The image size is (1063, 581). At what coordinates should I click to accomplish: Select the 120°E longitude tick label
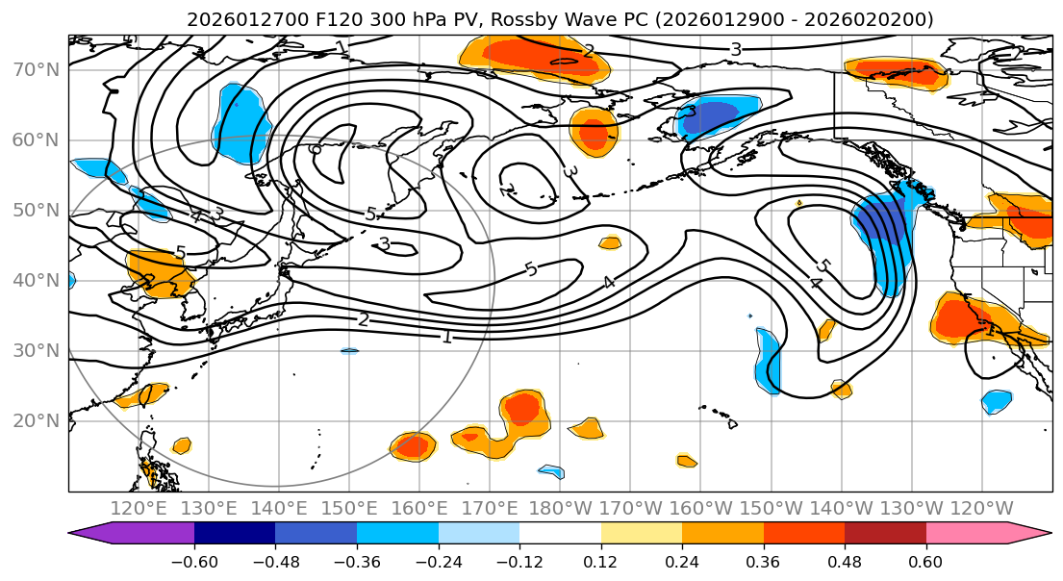click(139, 508)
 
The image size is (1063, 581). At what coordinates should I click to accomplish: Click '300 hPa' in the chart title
click(407, 19)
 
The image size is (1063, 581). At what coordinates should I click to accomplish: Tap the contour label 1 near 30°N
click(446, 337)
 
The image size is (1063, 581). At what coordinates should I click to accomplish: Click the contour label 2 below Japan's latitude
click(363, 319)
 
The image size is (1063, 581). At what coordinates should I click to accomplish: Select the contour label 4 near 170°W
click(608, 282)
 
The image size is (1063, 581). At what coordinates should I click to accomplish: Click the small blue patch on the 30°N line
click(349, 351)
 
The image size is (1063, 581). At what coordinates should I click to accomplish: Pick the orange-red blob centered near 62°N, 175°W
click(593, 132)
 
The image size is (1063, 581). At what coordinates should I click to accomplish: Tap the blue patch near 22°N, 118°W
click(997, 400)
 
